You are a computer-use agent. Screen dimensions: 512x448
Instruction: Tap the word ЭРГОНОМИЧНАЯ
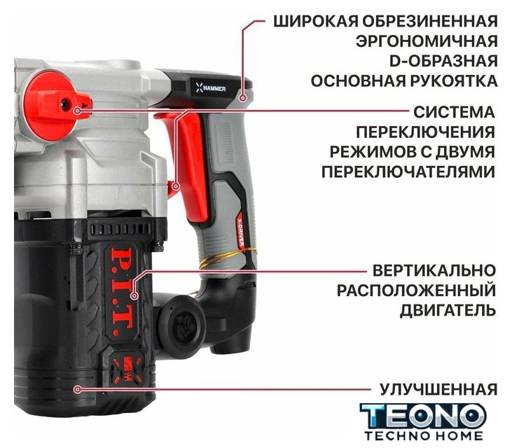point(427,41)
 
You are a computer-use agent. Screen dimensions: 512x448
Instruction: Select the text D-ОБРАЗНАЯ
point(444,61)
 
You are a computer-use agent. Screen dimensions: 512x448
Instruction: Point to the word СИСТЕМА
point(454,112)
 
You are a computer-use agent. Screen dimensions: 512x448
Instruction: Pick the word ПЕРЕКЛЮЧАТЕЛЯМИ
point(408,171)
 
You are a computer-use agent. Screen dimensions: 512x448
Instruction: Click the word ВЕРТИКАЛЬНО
point(434,270)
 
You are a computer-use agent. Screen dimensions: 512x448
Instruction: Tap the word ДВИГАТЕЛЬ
point(448,310)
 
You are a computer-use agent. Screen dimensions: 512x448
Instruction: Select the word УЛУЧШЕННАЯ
point(438,389)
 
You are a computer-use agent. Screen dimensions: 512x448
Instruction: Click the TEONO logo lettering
point(423,415)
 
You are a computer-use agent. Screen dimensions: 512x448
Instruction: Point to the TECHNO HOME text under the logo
point(424,435)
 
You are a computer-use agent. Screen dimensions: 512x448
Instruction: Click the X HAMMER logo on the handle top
point(211,87)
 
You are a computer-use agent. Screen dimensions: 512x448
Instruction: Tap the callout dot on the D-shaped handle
point(242,98)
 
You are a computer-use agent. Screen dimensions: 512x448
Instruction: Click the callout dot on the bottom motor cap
point(77,389)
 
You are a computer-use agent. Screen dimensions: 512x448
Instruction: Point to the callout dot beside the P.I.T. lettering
point(134,296)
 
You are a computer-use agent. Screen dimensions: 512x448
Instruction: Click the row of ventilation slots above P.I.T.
point(120,229)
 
